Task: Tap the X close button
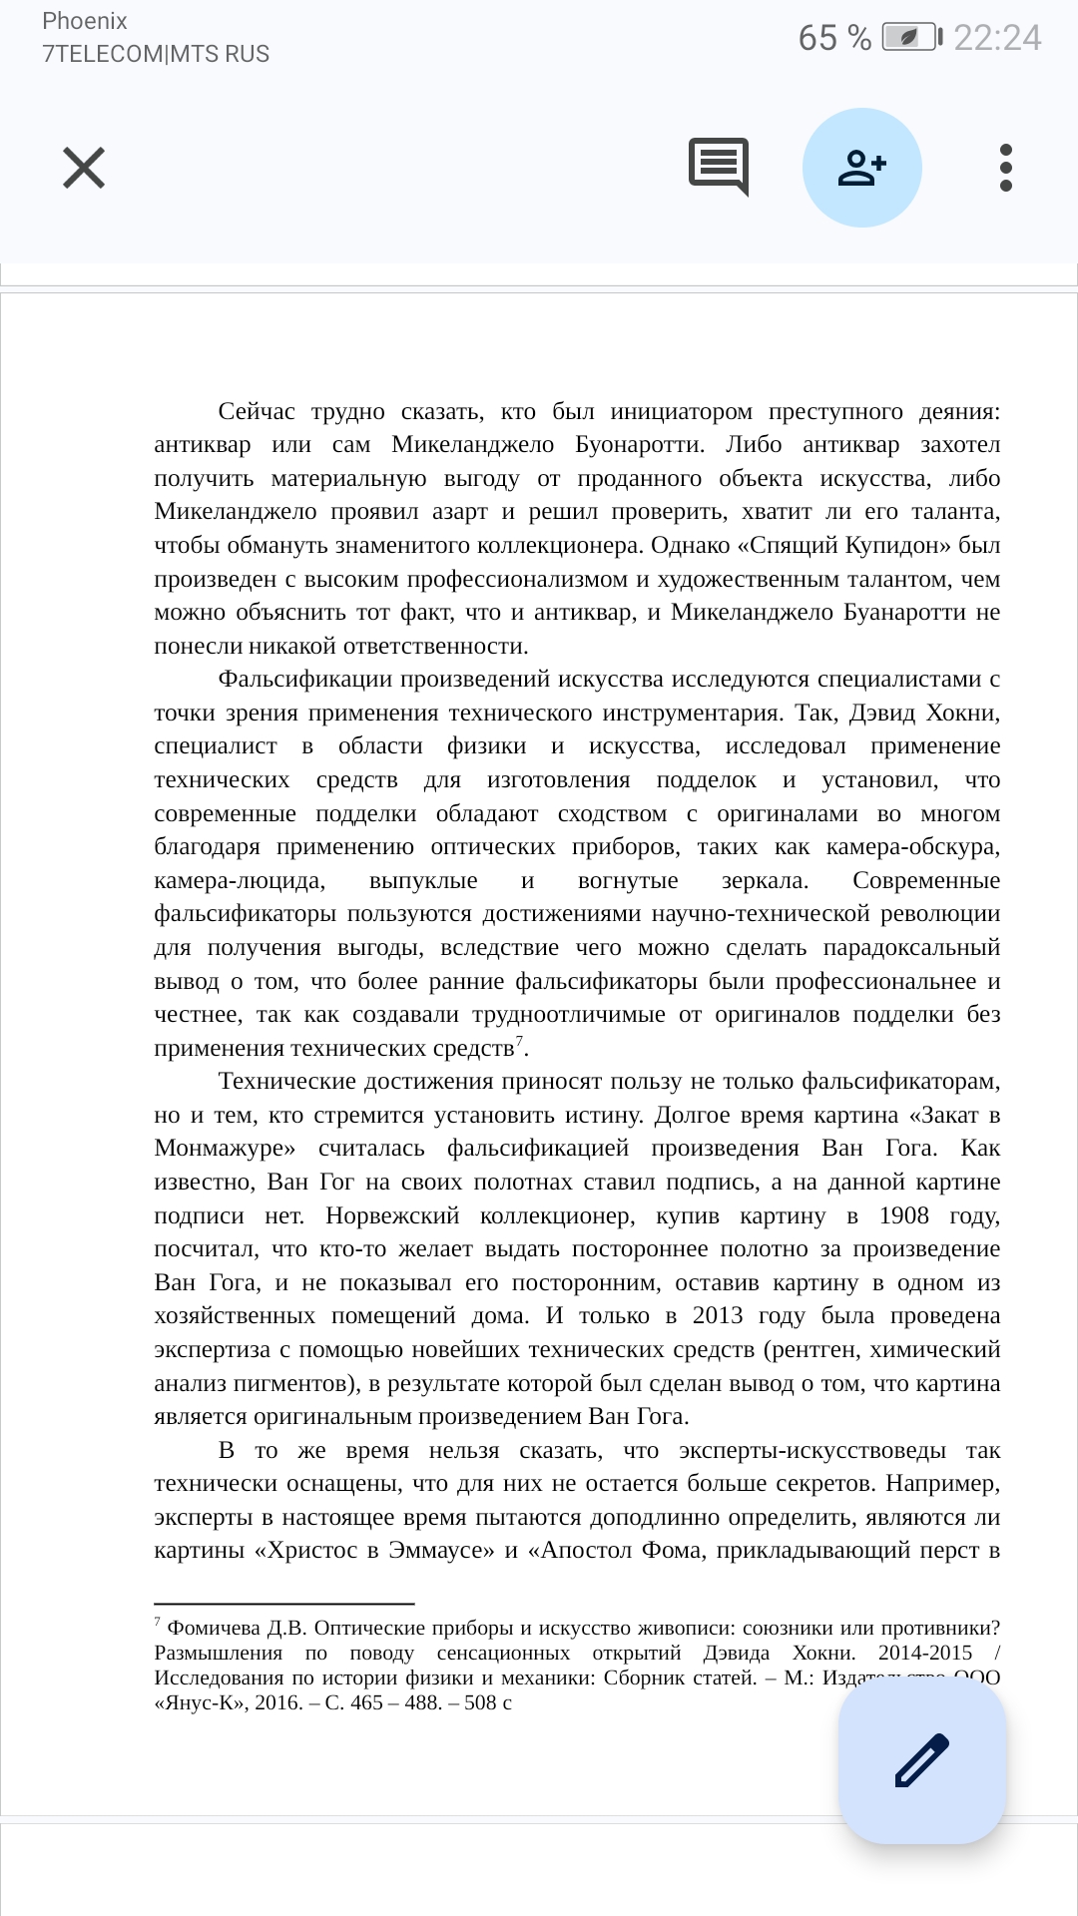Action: [84, 168]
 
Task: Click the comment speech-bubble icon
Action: [718, 166]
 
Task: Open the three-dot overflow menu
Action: [1005, 168]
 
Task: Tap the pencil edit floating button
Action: [922, 1760]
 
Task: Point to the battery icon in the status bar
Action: [911, 38]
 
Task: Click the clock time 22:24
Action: [997, 38]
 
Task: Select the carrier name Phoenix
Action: [85, 21]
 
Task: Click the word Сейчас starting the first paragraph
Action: [257, 412]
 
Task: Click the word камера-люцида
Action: [240, 881]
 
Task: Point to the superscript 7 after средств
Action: [519, 1041]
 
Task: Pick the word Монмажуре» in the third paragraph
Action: [225, 1149]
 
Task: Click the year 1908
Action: [903, 1215]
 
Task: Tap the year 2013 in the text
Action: [717, 1316]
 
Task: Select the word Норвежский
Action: [392, 1215]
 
